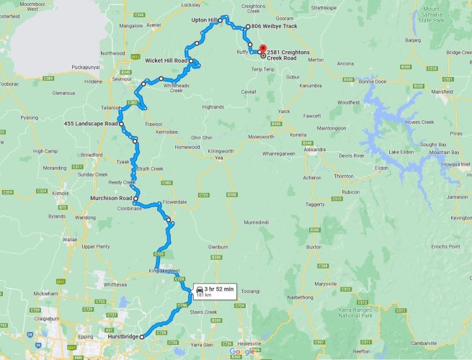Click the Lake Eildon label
click(x=402, y=152)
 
